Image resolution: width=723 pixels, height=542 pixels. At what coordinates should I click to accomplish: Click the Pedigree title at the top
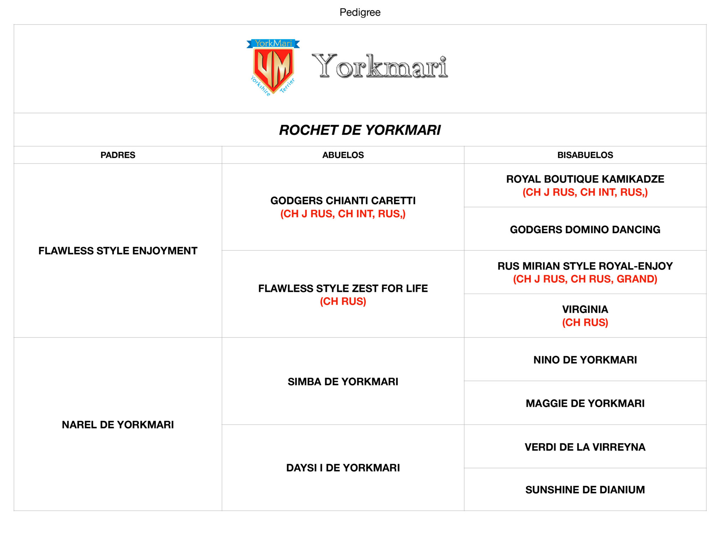[x=360, y=12]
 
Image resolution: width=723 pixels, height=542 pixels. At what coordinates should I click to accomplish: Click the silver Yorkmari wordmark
[x=380, y=66]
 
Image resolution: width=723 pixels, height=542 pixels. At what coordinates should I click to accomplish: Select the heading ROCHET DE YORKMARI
[x=360, y=130]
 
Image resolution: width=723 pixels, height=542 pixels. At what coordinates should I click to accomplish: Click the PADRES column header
[x=118, y=155]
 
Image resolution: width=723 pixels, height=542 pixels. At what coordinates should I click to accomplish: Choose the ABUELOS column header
[x=343, y=155]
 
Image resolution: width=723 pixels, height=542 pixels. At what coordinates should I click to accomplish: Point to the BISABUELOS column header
[x=585, y=155]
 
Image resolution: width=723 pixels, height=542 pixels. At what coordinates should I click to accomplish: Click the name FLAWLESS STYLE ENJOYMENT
[x=118, y=251]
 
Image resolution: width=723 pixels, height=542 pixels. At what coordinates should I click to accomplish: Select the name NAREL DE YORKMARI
[x=118, y=424]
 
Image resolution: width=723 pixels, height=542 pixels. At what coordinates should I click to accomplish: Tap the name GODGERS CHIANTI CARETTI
[x=343, y=201]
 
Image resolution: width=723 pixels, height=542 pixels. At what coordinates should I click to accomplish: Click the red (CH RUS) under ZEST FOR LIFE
[x=343, y=302]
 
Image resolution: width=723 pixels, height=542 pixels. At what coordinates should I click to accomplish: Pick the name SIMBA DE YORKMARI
[x=343, y=381]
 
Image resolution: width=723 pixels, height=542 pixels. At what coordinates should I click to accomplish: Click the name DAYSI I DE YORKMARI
[x=343, y=468]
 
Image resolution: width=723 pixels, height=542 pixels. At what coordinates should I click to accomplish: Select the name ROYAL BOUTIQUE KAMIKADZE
[x=585, y=179]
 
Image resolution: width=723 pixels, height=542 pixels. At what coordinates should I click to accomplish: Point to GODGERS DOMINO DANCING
[x=585, y=230]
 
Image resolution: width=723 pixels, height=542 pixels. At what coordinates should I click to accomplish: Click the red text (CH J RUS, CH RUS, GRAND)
[x=585, y=279]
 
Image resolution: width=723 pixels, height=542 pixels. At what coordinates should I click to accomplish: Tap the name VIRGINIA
[x=585, y=309]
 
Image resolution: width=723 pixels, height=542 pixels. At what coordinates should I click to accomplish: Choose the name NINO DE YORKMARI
[x=585, y=360]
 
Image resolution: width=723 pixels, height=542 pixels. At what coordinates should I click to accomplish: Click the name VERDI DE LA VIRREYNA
[x=585, y=447]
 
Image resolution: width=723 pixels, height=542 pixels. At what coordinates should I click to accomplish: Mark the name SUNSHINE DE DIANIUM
[x=585, y=490]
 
